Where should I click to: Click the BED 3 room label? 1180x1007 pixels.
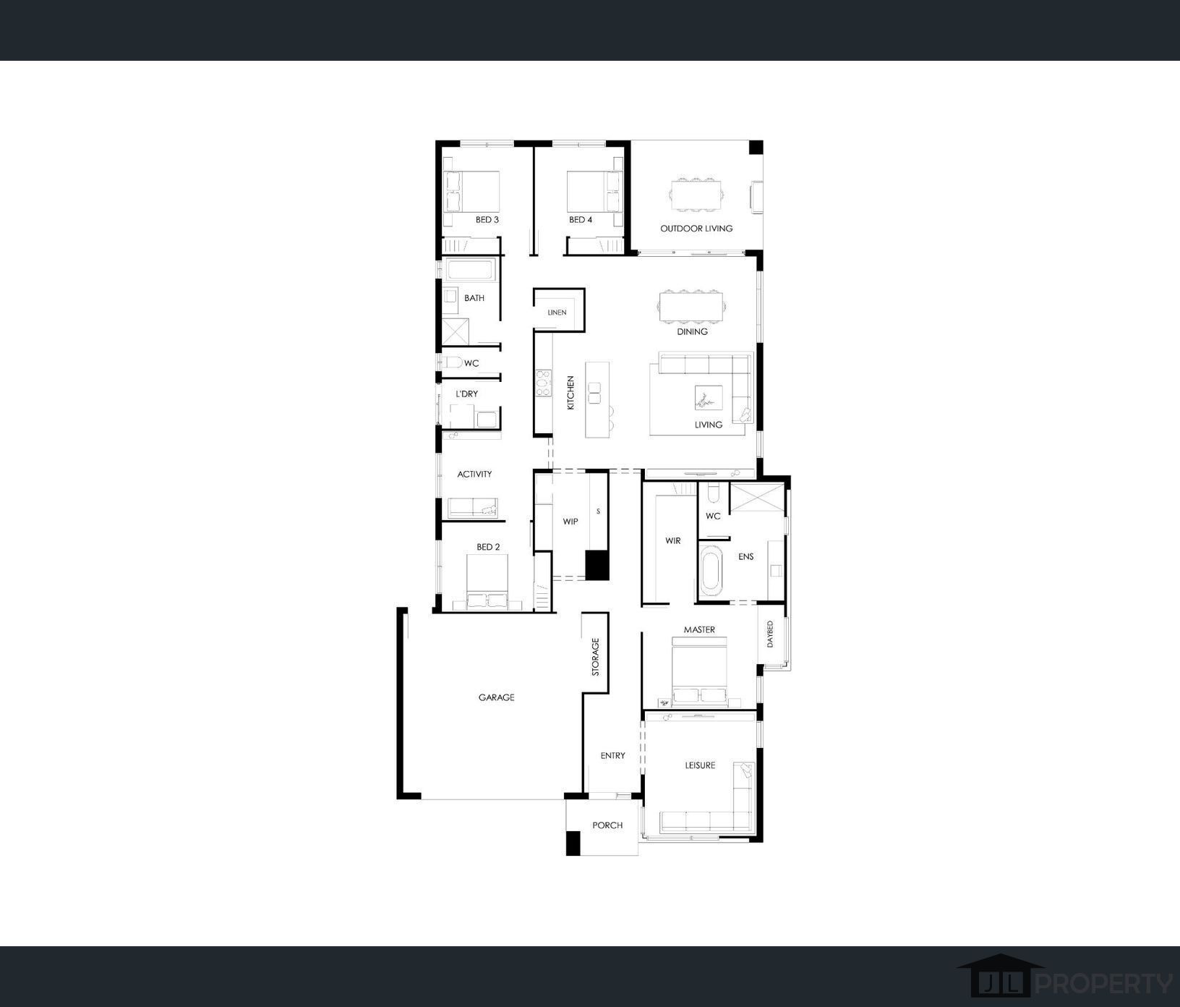[x=487, y=219]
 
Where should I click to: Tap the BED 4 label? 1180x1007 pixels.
[x=580, y=219]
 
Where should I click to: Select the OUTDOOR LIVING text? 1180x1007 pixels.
[x=696, y=228]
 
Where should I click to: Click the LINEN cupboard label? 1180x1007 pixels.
[x=557, y=313]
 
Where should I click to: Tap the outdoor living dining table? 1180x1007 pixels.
[x=696, y=195]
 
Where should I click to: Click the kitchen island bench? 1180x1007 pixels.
[x=597, y=399]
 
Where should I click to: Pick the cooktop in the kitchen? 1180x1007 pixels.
[x=542, y=383]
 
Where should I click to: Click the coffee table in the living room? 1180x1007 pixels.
[x=709, y=398]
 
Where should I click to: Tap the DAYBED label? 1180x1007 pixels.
[x=770, y=634]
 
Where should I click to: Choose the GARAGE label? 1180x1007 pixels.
[x=496, y=697]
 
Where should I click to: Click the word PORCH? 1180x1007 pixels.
[x=607, y=825]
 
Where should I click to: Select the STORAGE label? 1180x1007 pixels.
[x=596, y=656]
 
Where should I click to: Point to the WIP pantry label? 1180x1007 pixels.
[x=570, y=521]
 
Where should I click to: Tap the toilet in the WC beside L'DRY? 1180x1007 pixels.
[x=452, y=362]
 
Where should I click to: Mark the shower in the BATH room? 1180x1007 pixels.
[x=457, y=332]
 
